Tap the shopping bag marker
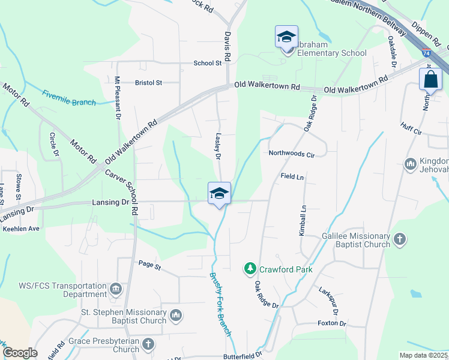click(x=431, y=79)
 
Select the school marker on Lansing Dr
click(x=219, y=194)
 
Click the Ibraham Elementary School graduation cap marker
click(x=286, y=38)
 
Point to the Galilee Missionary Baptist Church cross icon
click(x=400, y=240)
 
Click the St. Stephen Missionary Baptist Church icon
click(x=176, y=315)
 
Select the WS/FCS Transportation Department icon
click(x=116, y=290)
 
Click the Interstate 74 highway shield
click(x=426, y=53)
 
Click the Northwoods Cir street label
click(x=292, y=154)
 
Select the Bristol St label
click(x=149, y=83)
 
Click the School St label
click(x=208, y=63)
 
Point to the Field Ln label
click(x=292, y=177)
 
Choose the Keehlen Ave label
click(x=21, y=229)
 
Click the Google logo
click(x=20, y=353)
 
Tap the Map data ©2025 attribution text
click(x=423, y=355)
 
